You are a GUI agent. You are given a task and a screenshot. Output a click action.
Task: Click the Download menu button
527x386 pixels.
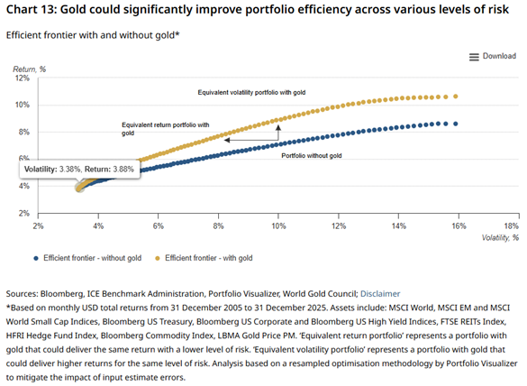pyautogui.click(x=493, y=56)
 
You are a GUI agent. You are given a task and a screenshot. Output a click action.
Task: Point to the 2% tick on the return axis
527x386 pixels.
pyautogui.click(x=26, y=214)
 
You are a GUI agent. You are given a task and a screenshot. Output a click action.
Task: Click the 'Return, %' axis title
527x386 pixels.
pyautogui.click(x=29, y=69)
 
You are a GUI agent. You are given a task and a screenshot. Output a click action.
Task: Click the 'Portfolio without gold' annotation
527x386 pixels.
pyautogui.click(x=313, y=157)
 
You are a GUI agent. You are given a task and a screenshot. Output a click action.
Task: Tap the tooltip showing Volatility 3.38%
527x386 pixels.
pyautogui.click(x=78, y=169)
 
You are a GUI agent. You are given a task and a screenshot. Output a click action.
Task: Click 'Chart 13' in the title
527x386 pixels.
pyautogui.click(x=34, y=12)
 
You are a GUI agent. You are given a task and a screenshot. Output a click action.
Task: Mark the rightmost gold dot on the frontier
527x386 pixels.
pyautogui.click(x=456, y=96)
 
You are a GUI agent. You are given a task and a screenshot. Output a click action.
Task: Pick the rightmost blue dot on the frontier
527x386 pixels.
pyautogui.click(x=456, y=124)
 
